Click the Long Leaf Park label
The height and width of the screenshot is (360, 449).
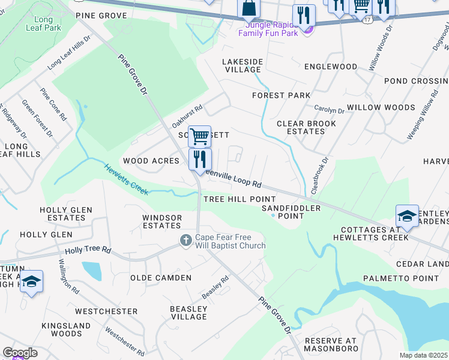tap(44, 23)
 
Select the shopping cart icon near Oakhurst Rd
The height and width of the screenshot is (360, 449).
tap(199, 137)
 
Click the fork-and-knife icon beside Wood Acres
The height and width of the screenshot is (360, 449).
tap(200, 159)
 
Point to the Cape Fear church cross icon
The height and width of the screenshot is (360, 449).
tap(185, 241)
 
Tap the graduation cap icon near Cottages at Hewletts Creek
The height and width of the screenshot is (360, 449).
tap(407, 217)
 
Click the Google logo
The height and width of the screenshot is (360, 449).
tap(20, 353)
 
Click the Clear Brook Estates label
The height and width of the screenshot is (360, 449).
tap(301, 127)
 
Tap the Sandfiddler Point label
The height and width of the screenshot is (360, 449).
tap(291, 211)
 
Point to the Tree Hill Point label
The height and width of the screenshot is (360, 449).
tap(240, 199)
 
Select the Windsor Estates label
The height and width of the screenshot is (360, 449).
tap(161, 221)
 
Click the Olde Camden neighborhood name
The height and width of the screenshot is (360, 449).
tap(161, 278)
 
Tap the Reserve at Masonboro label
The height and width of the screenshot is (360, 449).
tap(331, 344)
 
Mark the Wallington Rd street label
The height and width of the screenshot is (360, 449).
tap(68, 276)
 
